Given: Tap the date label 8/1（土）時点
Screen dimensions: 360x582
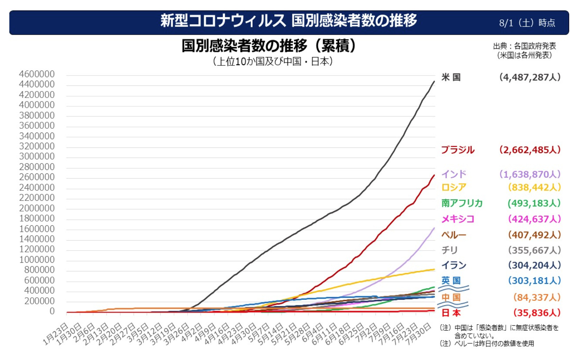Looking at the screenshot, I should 527,23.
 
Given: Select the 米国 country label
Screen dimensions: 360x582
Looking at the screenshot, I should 451,77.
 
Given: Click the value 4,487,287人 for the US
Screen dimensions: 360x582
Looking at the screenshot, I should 529,77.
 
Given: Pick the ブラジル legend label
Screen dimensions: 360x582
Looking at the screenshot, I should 457,150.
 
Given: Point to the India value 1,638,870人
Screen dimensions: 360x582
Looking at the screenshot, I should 529,174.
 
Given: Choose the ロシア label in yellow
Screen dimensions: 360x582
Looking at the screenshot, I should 454,187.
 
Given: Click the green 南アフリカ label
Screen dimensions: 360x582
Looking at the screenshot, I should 462,203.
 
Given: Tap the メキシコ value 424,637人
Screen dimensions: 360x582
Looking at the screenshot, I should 534,219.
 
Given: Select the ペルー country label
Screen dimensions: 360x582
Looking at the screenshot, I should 454,235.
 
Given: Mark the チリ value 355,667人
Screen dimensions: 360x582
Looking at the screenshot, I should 534,250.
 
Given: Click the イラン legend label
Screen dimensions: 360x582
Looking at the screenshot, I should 454,265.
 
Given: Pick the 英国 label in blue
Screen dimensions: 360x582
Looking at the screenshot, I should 451,280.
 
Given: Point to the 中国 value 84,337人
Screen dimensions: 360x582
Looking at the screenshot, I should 537,297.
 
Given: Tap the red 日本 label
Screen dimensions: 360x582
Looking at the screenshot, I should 451,313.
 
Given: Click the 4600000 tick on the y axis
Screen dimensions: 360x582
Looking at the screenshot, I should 37,74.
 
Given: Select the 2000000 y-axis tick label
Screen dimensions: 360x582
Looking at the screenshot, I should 37,208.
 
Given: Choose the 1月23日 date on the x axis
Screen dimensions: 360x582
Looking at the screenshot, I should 55,334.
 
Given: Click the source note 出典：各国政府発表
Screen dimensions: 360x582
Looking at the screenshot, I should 524,46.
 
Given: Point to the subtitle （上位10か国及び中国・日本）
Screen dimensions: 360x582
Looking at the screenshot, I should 273,62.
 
